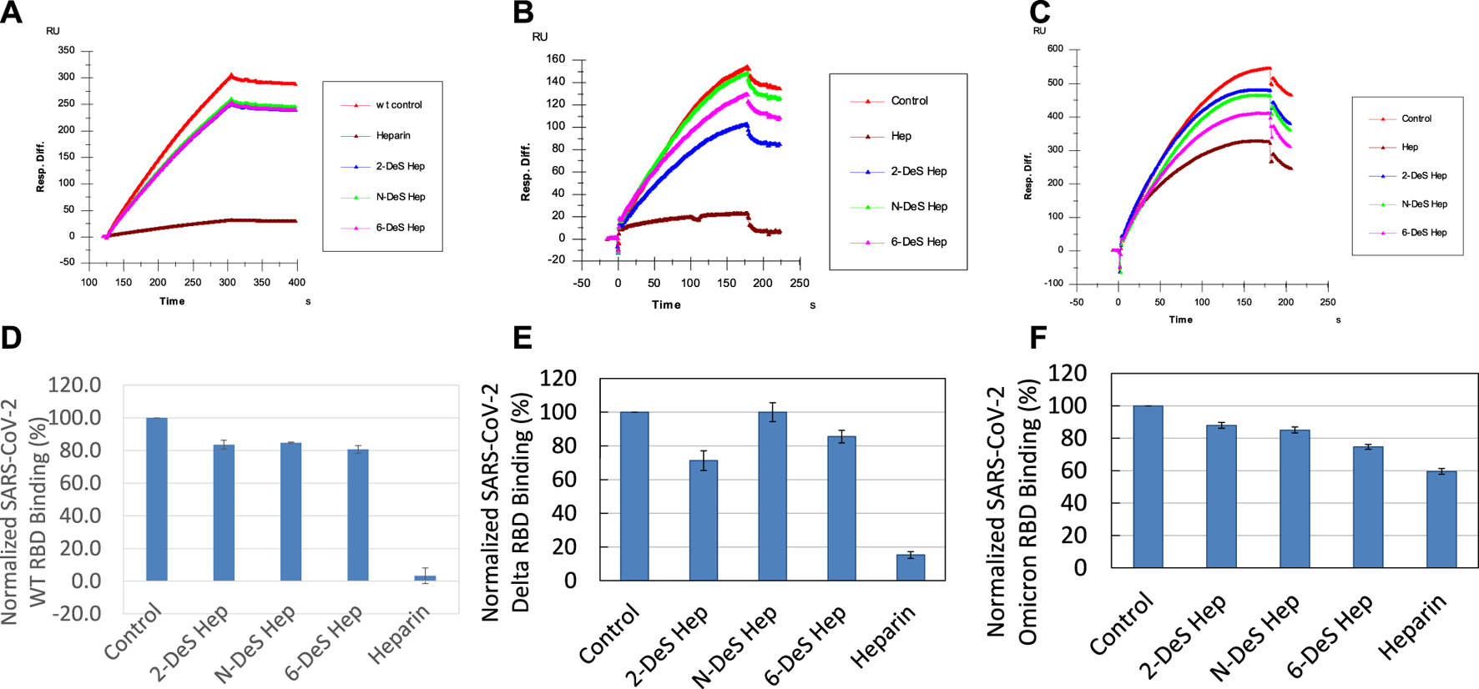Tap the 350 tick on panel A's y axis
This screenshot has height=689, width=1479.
(66, 51)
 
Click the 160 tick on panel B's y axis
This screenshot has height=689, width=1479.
(555, 59)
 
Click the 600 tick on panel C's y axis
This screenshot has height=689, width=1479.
(1055, 49)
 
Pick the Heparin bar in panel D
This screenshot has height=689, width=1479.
(425, 577)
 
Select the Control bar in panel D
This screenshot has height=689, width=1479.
(157, 499)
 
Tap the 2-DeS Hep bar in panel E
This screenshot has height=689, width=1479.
(704, 520)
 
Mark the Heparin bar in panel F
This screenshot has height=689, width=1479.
(1441, 519)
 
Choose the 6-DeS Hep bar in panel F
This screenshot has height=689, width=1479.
(1368, 507)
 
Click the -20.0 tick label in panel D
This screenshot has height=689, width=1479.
(75, 613)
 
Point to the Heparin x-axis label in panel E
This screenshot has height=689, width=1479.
(883, 636)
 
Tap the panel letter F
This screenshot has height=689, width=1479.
(1038, 339)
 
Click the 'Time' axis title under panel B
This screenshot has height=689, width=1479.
(666, 304)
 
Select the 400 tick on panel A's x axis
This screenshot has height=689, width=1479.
(296, 283)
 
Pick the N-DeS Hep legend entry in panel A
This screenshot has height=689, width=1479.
(400, 197)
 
